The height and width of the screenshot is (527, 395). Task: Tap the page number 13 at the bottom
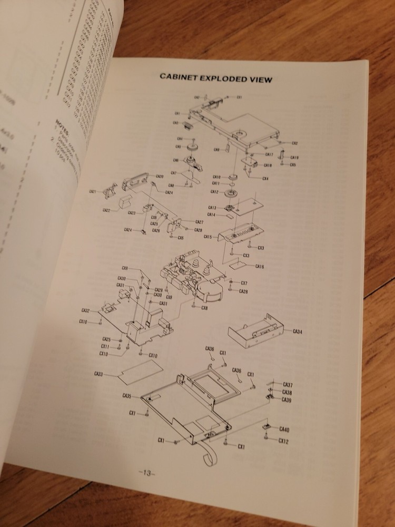click(146, 473)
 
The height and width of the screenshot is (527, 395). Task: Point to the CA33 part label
click(98, 374)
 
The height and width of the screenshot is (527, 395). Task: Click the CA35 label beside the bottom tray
click(127, 396)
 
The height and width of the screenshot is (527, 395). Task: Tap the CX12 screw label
click(284, 441)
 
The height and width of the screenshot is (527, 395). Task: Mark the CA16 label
click(259, 267)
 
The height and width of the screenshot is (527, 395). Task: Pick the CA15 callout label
click(208, 237)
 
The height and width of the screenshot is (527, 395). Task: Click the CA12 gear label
click(214, 191)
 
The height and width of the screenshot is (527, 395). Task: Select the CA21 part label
click(93, 192)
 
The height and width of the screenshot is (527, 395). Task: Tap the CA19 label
click(294, 158)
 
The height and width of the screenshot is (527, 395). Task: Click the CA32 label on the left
click(85, 310)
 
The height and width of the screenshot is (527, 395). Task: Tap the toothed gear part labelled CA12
click(230, 191)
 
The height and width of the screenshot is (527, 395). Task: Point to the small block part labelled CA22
click(125, 202)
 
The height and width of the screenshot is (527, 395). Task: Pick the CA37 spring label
click(288, 384)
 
